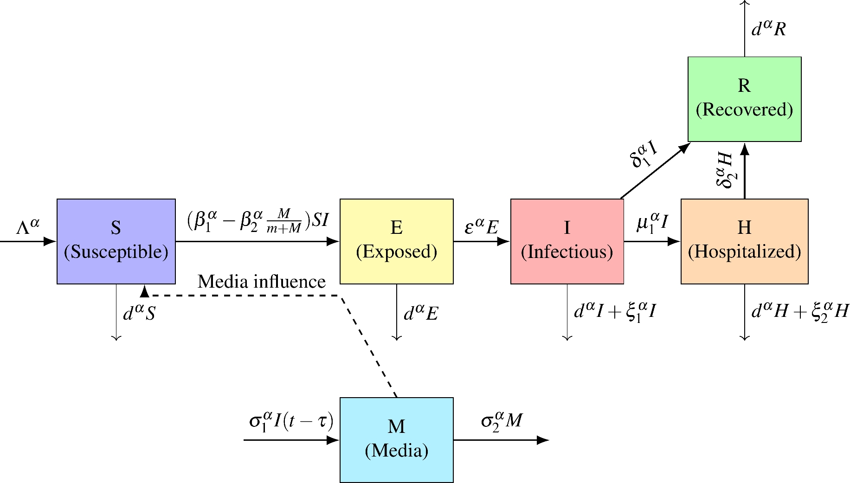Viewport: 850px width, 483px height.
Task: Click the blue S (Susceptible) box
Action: pyautogui.click(x=116, y=241)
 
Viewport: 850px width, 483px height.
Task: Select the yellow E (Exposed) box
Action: pyautogui.click(x=396, y=241)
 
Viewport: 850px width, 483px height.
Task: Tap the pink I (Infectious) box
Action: pyautogui.click(x=567, y=241)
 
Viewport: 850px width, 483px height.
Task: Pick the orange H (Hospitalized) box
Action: pyautogui.click(x=744, y=241)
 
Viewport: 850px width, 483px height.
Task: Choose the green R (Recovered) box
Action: pyautogui.click(x=744, y=99)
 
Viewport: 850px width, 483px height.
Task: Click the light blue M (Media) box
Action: pyautogui.click(x=396, y=439)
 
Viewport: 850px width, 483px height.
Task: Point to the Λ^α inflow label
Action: pyautogui.click(x=28, y=227)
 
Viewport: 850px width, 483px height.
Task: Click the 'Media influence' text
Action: pyautogui.click(x=261, y=282)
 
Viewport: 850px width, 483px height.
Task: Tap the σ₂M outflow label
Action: pyautogui.click(x=502, y=420)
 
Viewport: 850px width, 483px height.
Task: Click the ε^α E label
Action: pyautogui.click(x=481, y=226)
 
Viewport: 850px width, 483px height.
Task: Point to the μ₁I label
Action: pyautogui.click(x=652, y=222)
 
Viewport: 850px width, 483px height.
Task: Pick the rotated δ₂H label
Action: pyautogui.click(x=725, y=170)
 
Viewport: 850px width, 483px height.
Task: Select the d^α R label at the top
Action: pyautogui.click(x=768, y=29)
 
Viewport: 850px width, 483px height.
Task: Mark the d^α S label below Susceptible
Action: pyautogui.click(x=139, y=313)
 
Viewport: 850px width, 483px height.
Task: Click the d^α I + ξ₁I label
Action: pyautogui.click(x=615, y=311)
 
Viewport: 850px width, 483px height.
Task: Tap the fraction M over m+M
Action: pyautogui.click(x=284, y=221)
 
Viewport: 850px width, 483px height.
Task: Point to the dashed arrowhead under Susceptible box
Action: pyautogui.click(x=145, y=291)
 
